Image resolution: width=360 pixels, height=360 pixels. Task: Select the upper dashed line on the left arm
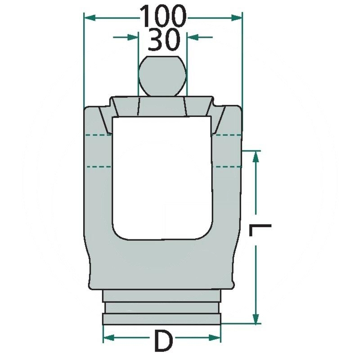pos(97,135)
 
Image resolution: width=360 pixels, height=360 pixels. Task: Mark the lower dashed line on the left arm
pos(97,166)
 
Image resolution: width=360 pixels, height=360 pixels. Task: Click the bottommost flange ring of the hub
pos(162,319)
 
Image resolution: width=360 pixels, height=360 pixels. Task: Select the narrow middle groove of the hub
pos(162,308)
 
